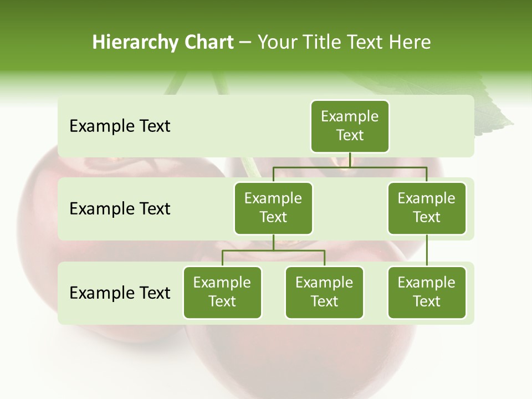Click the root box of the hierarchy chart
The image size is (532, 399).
click(x=350, y=126)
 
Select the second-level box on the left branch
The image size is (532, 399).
click(x=273, y=208)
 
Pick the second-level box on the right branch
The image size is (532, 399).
click(x=427, y=208)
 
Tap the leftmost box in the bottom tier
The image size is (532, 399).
click(x=222, y=292)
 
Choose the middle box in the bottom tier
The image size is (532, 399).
click(x=324, y=292)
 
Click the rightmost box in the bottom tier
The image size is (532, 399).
click(x=427, y=292)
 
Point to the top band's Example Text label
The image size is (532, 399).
click(x=120, y=126)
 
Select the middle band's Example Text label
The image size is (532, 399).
click(x=120, y=209)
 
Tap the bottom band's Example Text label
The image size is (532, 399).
click(x=120, y=293)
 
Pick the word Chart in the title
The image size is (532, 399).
click(x=208, y=42)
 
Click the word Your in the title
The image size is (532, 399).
click(x=277, y=43)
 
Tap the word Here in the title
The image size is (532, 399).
click(x=410, y=42)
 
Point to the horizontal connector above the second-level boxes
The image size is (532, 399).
click(x=350, y=167)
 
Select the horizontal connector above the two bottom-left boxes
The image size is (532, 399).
click(x=273, y=250)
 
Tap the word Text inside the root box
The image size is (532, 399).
click(x=350, y=135)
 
